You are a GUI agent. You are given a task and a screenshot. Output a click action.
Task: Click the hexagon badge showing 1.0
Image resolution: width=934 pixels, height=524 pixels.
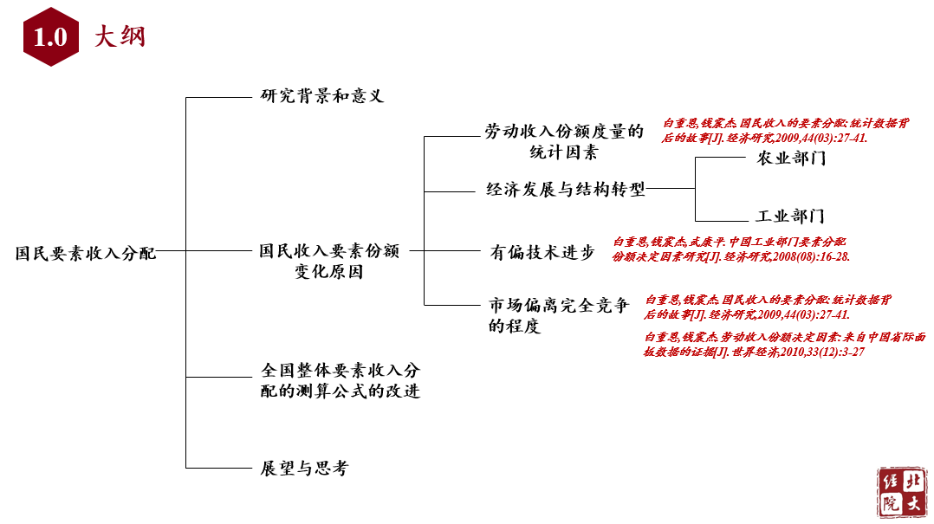[50, 36]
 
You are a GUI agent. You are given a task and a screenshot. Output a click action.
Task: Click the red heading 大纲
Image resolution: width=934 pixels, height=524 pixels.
[120, 37]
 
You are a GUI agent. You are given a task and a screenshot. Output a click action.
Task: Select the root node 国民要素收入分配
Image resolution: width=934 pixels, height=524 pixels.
[86, 254]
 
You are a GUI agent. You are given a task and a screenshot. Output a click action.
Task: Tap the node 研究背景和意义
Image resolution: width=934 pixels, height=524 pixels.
[322, 96]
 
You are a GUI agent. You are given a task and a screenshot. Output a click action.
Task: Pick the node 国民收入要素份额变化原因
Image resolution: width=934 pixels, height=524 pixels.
[328, 262]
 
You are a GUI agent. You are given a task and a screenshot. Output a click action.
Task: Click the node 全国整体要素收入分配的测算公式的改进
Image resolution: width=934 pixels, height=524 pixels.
[341, 380]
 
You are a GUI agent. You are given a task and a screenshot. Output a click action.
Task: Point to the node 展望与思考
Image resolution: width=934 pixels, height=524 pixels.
[304, 469]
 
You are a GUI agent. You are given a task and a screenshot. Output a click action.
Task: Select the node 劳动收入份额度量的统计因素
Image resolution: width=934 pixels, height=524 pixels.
[564, 142]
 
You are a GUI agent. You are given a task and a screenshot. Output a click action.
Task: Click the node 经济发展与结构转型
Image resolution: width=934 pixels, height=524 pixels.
[566, 190]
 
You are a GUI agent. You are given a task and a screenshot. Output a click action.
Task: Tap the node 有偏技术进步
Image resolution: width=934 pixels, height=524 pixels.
[542, 253]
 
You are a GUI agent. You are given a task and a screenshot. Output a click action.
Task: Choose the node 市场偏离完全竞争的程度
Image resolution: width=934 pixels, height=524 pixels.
[558, 315]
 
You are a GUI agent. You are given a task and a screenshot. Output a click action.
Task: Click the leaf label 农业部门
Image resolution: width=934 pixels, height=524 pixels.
[790, 158]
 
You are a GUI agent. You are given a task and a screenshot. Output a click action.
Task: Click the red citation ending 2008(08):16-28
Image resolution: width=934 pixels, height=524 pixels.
[730, 249]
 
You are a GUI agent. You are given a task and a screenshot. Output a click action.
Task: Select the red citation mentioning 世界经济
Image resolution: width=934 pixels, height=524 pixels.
[785, 344]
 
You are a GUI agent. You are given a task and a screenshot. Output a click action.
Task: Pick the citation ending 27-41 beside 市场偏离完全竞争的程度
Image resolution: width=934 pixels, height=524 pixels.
[767, 307]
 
